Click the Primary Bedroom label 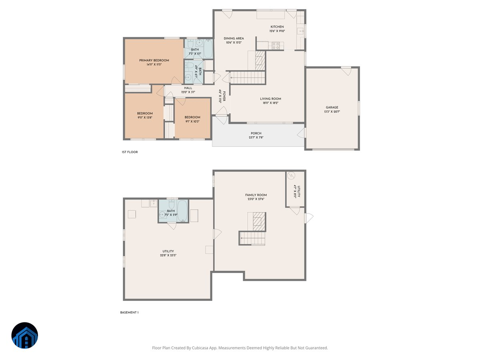point(154,60)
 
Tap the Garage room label point(332,107)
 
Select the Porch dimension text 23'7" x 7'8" point(256,138)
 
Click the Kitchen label point(277,27)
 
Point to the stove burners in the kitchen point(276,46)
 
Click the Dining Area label point(234,38)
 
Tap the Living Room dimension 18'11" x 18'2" point(271,103)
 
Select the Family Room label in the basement point(256,195)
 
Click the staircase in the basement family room point(252,238)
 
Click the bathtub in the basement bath point(182,210)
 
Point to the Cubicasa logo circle point(25,335)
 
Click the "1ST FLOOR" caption point(130,152)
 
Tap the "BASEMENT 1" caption point(129,312)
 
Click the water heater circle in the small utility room point(291,175)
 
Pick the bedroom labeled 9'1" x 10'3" point(192,119)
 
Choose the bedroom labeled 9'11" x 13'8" point(144,116)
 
